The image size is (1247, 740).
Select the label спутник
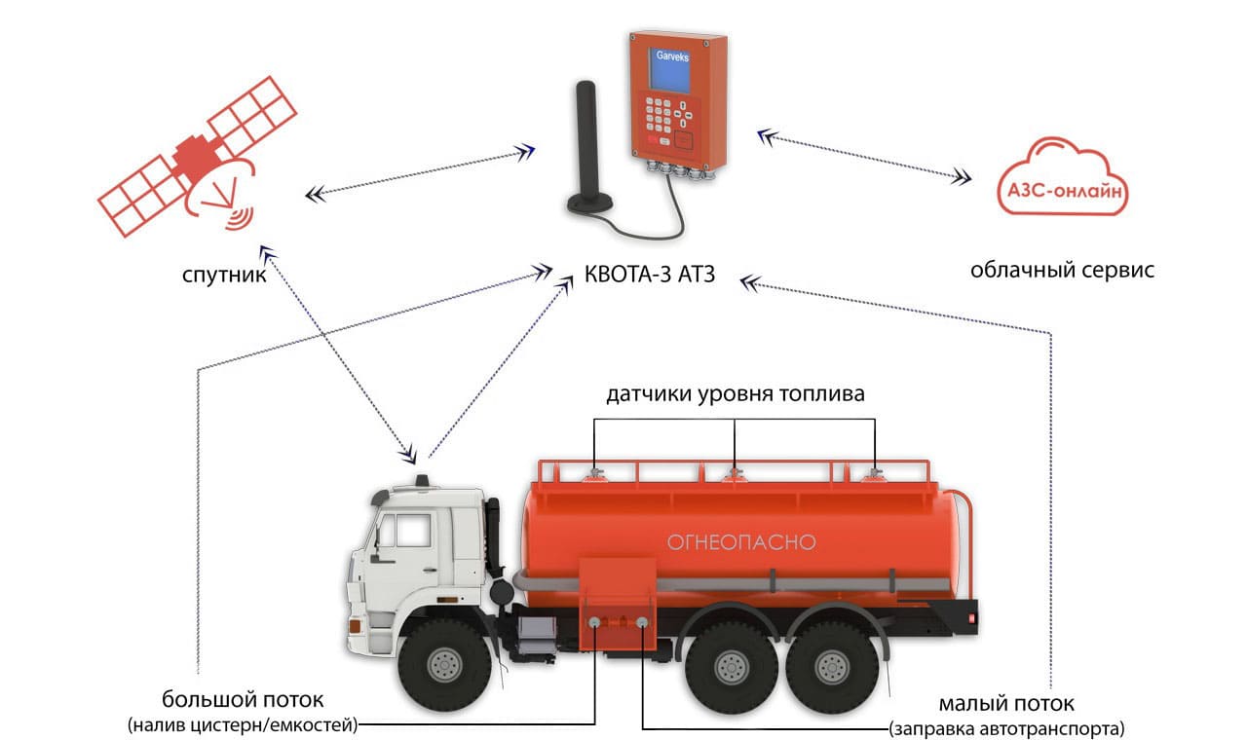pos(223,275)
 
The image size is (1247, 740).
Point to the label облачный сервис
pos(1062,270)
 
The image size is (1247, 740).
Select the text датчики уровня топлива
pos(735,394)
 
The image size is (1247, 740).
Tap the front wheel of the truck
pos(444,663)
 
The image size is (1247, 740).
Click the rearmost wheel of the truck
pos(832,665)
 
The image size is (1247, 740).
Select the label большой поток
pos(244,700)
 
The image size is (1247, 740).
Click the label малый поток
pos(1006,703)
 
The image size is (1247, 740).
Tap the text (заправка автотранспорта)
pos(1006,727)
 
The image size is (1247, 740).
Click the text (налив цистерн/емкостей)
pos(244,724)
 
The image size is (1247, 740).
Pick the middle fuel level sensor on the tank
pos(735,474)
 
